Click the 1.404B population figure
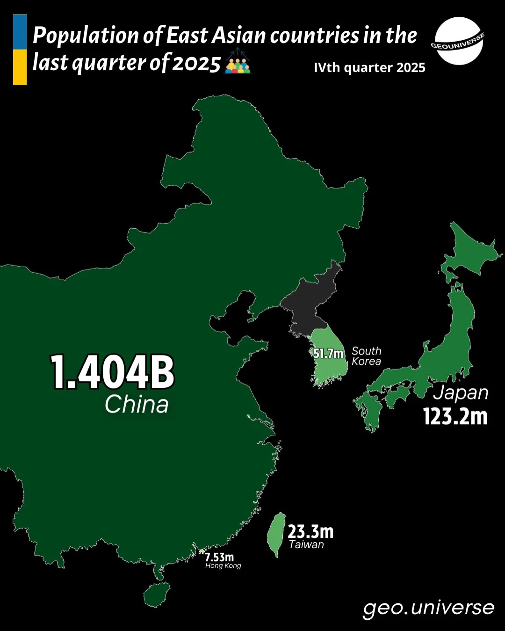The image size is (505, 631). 112,372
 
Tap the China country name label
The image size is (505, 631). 137,404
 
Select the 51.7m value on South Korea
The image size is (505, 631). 328,354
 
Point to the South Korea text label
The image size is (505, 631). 367,356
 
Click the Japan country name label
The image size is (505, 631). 461,393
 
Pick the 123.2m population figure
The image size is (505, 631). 455,416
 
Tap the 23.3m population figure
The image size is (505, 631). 310,531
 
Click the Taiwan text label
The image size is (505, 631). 306,544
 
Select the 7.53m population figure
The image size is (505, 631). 219,557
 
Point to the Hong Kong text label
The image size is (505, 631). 223,566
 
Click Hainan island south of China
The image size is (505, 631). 156,595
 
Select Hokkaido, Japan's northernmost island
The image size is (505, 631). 468,253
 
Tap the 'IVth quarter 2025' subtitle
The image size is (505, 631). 369,68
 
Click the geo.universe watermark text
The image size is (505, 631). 428,608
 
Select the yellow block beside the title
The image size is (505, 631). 20,67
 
